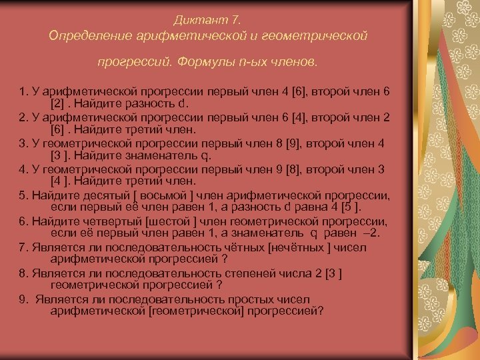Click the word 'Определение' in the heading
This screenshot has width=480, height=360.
pos(88,34)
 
